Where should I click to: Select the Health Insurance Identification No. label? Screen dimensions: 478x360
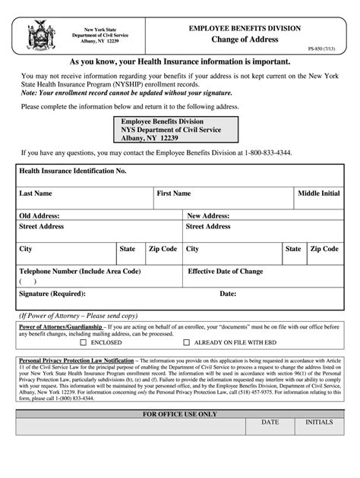[72, 171]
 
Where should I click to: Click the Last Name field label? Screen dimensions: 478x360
[36, 193]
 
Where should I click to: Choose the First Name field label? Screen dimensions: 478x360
[173, 193]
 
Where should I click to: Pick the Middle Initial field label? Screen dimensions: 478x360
[318, 193]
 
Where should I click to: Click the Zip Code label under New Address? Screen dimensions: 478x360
[324, 249]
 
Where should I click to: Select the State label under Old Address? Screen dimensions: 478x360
[127, 249]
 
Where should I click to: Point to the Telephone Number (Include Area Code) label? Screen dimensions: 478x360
[80, 271]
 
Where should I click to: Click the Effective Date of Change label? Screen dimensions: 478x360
[226, 271]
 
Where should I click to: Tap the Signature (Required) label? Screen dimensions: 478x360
[52, 293]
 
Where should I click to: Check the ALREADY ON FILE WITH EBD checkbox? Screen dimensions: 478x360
[186, 342]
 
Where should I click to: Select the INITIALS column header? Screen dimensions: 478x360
[319, 422]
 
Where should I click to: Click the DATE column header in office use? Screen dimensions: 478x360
[270, 422]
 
